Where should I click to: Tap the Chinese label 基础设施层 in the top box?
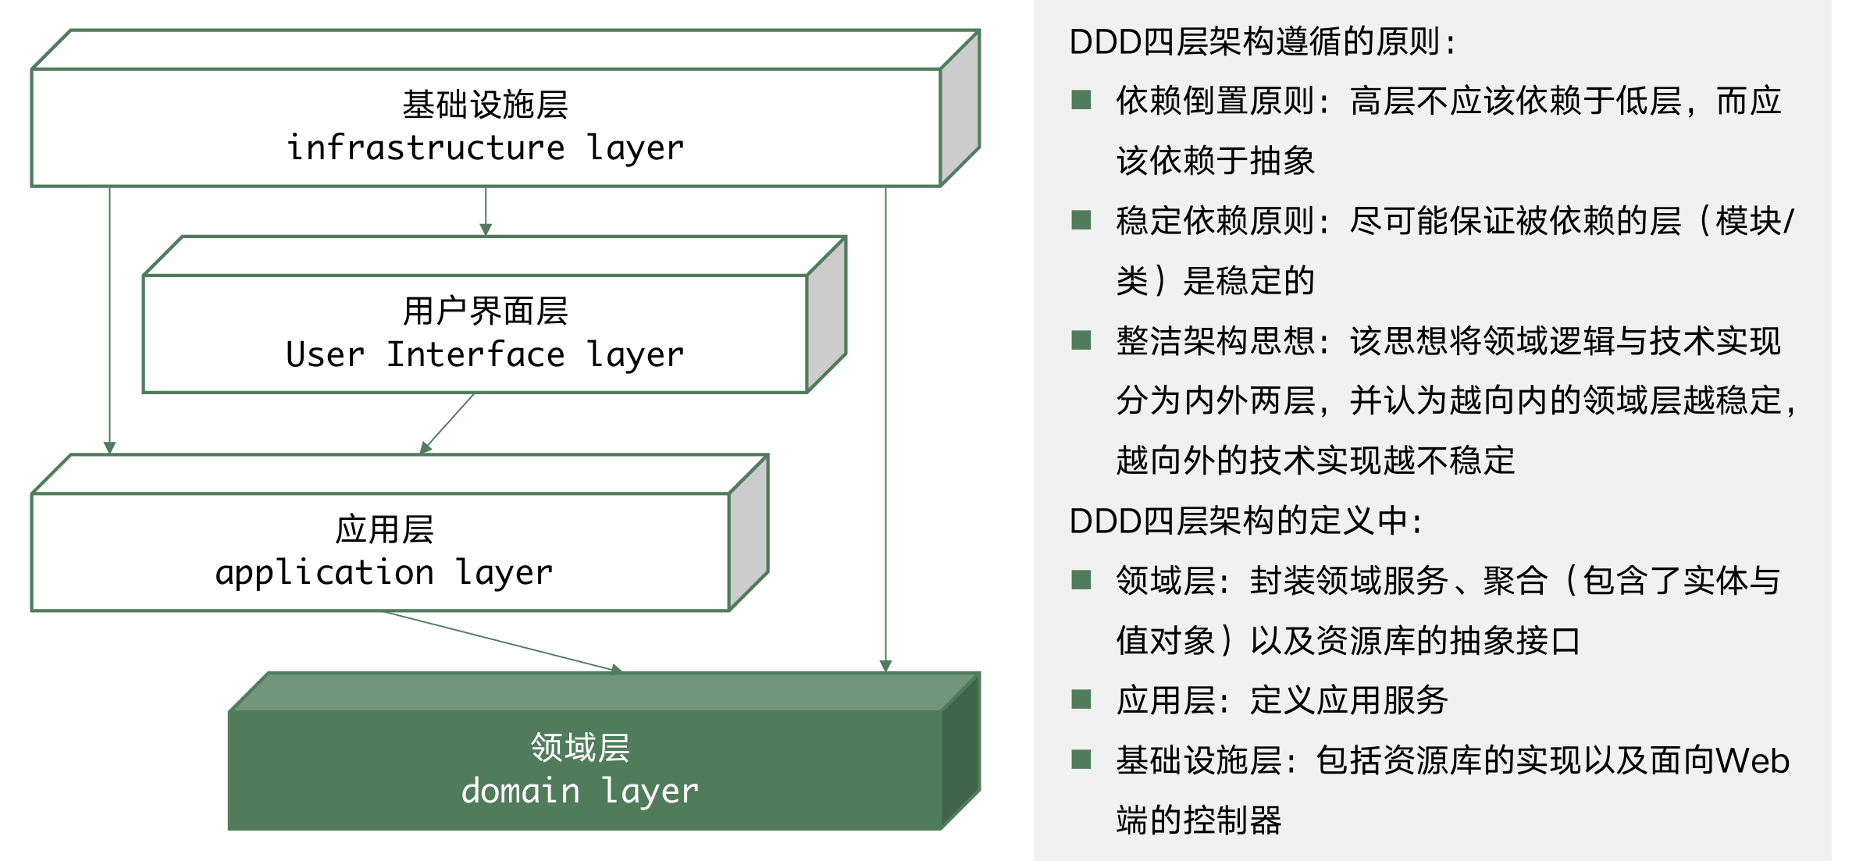[x=485, y=105]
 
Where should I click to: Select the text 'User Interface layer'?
[x=485, y=355]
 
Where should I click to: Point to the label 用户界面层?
[x=485, y=311]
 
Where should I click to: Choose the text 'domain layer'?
[x=580, y=792]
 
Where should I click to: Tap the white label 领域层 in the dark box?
[x=580, y=747]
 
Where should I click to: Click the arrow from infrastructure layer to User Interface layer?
[x=486, y=211]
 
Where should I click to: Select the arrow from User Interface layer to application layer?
[x=447, y=423]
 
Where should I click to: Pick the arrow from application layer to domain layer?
[x=504, y=642]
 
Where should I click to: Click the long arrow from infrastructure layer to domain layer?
[x=885, y=429]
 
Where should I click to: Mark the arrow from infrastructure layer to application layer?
[x=109, y=320]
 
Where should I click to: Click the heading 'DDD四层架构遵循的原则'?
[x=1254, y=41]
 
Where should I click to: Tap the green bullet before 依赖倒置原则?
[x=1081, y=100]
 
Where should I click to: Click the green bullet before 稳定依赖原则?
[x=1081, y=220]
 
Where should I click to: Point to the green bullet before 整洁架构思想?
[x=1081, y=340]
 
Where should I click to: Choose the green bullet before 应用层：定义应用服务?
[x=1081, y=699]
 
